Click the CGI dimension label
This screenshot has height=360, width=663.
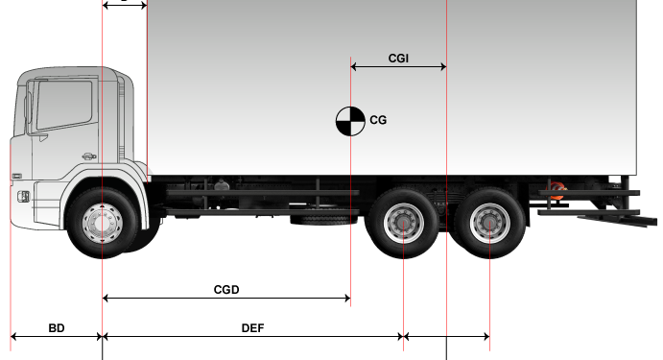coord(398,59)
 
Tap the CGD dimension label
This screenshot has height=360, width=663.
coord(226,290)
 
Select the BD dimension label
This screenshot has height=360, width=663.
coord(57,328)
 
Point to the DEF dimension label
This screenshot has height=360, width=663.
coord(253,328)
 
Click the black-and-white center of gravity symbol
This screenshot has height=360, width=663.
coord(350,121)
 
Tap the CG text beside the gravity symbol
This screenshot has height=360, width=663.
coord(378,120)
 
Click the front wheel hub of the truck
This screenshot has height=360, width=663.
coord(103,224)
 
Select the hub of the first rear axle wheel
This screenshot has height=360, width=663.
coord(403,223)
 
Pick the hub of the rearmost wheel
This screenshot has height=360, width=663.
coord(489,223)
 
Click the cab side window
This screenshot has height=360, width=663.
coord(64,105)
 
